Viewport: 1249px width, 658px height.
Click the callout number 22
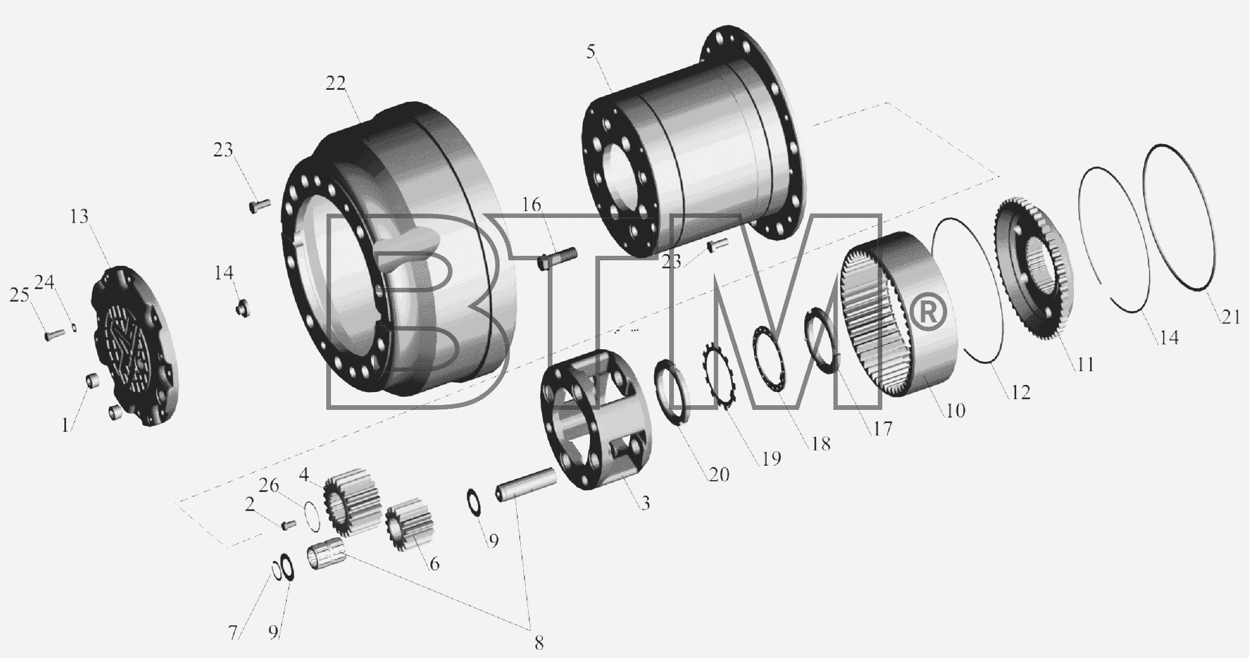click(335, 83)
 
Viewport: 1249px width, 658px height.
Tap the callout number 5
click(590, 52)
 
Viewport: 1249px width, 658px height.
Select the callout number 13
click(79, 217)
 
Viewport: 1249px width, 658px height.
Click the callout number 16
click(532, 205)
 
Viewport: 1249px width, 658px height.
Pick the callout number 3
click(645, 503)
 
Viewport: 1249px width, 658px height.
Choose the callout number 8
click(538, 643)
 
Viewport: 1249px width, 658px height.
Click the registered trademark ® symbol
click(925, 313)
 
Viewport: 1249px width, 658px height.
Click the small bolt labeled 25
click(55, 335)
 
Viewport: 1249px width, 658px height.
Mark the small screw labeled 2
click(289, 524)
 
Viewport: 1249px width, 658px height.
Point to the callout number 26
click(268, 486)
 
